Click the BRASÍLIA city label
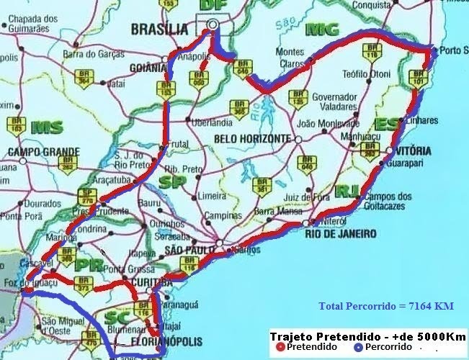click(x=159, y=30)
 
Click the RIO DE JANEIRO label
click(x=341, y=234)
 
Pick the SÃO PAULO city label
click(x=189, y=249)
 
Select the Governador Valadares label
click(x=331, y=102)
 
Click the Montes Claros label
click(x=291, y=57)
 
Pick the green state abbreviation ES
click(x=387, y=125)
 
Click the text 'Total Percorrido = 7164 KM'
click(x=386, y=306)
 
